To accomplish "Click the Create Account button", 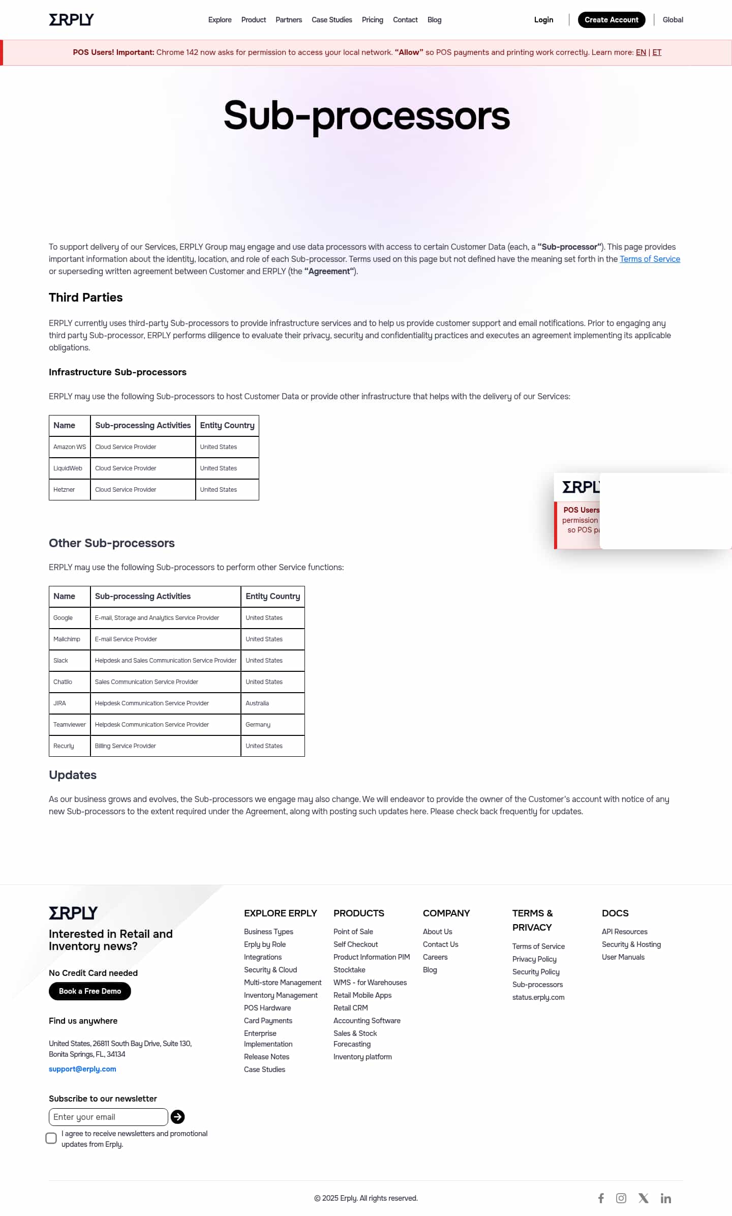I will (x=611, y=20).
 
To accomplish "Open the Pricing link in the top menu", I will (x=372, y=20).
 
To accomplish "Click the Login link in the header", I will (x=543, y=20).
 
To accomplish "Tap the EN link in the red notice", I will (x=640, y=52).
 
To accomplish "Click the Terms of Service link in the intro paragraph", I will (x=650, y=259).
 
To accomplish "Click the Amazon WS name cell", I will (x=70, y=447).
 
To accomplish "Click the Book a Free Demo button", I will (x=90, y=991).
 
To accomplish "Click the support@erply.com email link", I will (x=82, y=1069).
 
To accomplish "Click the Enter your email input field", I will (x=108, y=1116).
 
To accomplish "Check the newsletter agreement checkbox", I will (x=51, y=1138).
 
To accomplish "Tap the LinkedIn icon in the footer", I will (x=665, y=1198).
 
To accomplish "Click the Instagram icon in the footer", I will (x=621, y=1198).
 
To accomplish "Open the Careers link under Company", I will (x=435, y=957).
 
